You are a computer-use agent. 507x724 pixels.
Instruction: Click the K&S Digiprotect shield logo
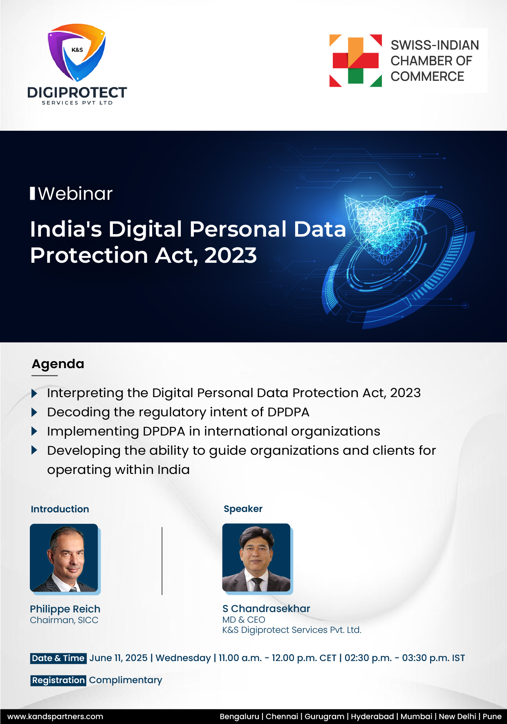click(76, 52)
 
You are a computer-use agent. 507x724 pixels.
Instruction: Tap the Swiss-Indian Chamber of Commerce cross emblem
click(356, 60)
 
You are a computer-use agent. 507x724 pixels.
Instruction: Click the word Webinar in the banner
click(75, 194)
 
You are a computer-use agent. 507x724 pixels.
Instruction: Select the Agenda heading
click(58, 364)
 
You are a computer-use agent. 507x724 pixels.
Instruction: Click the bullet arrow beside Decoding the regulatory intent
click(34, 412)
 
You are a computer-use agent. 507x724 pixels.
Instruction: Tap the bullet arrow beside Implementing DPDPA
click(34, 431)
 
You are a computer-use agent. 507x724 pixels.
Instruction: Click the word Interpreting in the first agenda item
click(85, 393)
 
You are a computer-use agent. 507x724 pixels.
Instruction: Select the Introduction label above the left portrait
click(60, 509)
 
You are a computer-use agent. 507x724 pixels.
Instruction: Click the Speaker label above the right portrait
click(243, 509)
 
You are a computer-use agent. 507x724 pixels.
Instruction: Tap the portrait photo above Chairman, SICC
click(64, 558)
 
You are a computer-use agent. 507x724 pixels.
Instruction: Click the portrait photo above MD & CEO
click(256, 558)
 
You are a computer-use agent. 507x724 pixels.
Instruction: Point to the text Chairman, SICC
click(64, 620)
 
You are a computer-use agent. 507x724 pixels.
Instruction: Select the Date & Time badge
click(58, 658)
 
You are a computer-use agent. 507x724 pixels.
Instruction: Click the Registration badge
click(58, 680)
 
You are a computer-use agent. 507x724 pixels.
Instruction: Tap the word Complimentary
click(126, 680)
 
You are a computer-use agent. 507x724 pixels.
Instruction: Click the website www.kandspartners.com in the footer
click(55, 716)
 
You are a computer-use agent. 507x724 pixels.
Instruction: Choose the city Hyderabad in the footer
click(372, 716)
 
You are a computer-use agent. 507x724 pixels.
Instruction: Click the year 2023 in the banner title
click(231, 256)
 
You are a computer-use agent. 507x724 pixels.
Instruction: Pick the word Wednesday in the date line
click(183, 658)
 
